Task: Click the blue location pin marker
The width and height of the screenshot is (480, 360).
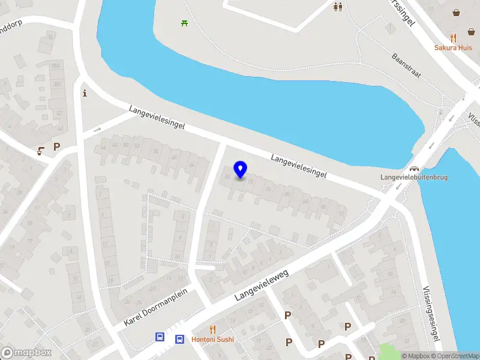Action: pos(241,170)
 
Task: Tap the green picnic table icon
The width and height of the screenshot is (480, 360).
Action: pos(184,23)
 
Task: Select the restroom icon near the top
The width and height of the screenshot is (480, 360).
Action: pos(338,7)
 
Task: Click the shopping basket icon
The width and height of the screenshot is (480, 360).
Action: pos(457,12)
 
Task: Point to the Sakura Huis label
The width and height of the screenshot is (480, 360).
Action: pos(453,48)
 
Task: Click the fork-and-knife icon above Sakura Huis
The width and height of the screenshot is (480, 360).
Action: pos(453,37)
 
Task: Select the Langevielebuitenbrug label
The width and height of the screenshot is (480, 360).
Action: pos(413,177)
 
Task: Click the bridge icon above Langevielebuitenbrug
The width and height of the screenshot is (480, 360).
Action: pos(413,168)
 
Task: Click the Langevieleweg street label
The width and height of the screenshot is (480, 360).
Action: pos(262,284)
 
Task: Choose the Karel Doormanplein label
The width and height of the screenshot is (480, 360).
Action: pos(156,307)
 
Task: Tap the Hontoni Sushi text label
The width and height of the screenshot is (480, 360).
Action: pos(213,339)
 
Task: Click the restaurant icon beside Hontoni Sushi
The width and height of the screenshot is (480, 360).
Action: pos(212,329)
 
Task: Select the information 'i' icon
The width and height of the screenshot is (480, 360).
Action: pos(85,93)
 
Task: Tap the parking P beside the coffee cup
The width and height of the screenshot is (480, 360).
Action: pos(57,146)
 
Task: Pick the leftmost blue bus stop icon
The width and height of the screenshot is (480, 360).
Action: pos(160,337)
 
